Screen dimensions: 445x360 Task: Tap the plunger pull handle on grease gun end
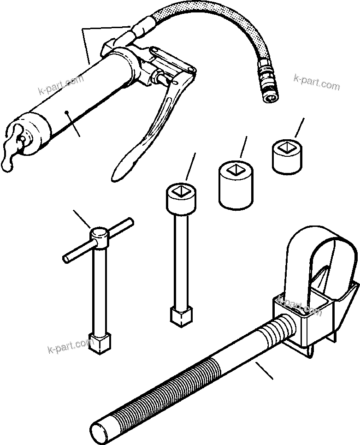(12, 148)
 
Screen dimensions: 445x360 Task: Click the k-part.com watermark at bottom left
(70, 345)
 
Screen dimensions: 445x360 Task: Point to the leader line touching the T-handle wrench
(82, 219)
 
